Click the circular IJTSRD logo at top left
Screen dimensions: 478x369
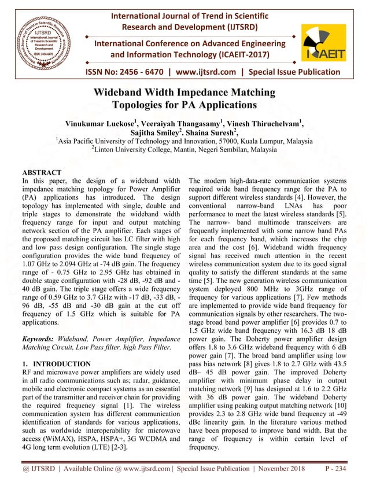point(42,40)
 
